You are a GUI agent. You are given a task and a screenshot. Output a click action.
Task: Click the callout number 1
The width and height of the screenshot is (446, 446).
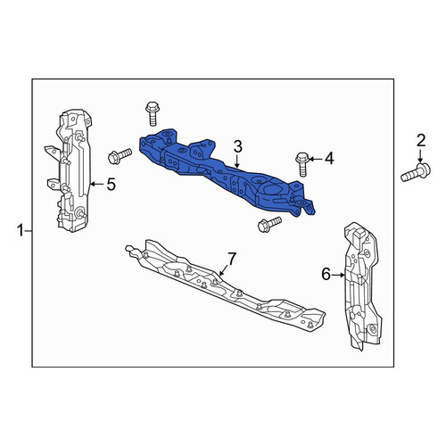coord(21,231)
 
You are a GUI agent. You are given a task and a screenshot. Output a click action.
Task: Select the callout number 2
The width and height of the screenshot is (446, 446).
coord(421,141)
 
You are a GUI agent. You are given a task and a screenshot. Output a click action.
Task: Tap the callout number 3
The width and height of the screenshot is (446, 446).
coord(238,146)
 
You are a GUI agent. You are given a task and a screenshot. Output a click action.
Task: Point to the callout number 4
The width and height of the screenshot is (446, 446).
coord(329,159)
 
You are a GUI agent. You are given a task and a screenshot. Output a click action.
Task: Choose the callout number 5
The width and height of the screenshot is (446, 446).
coord(111,185)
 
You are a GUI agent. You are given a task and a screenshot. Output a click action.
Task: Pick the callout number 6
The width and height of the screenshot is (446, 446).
coord(326,274)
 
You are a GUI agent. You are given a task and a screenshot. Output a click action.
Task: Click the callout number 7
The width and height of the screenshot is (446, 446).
coord(232,259)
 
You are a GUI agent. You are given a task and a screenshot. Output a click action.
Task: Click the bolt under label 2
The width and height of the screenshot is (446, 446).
coord(416,172)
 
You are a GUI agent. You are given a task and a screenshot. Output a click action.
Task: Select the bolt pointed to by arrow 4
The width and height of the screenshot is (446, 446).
coord(302,164)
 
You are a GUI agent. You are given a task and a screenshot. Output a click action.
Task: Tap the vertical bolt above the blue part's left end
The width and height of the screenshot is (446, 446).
coord(153,114)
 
